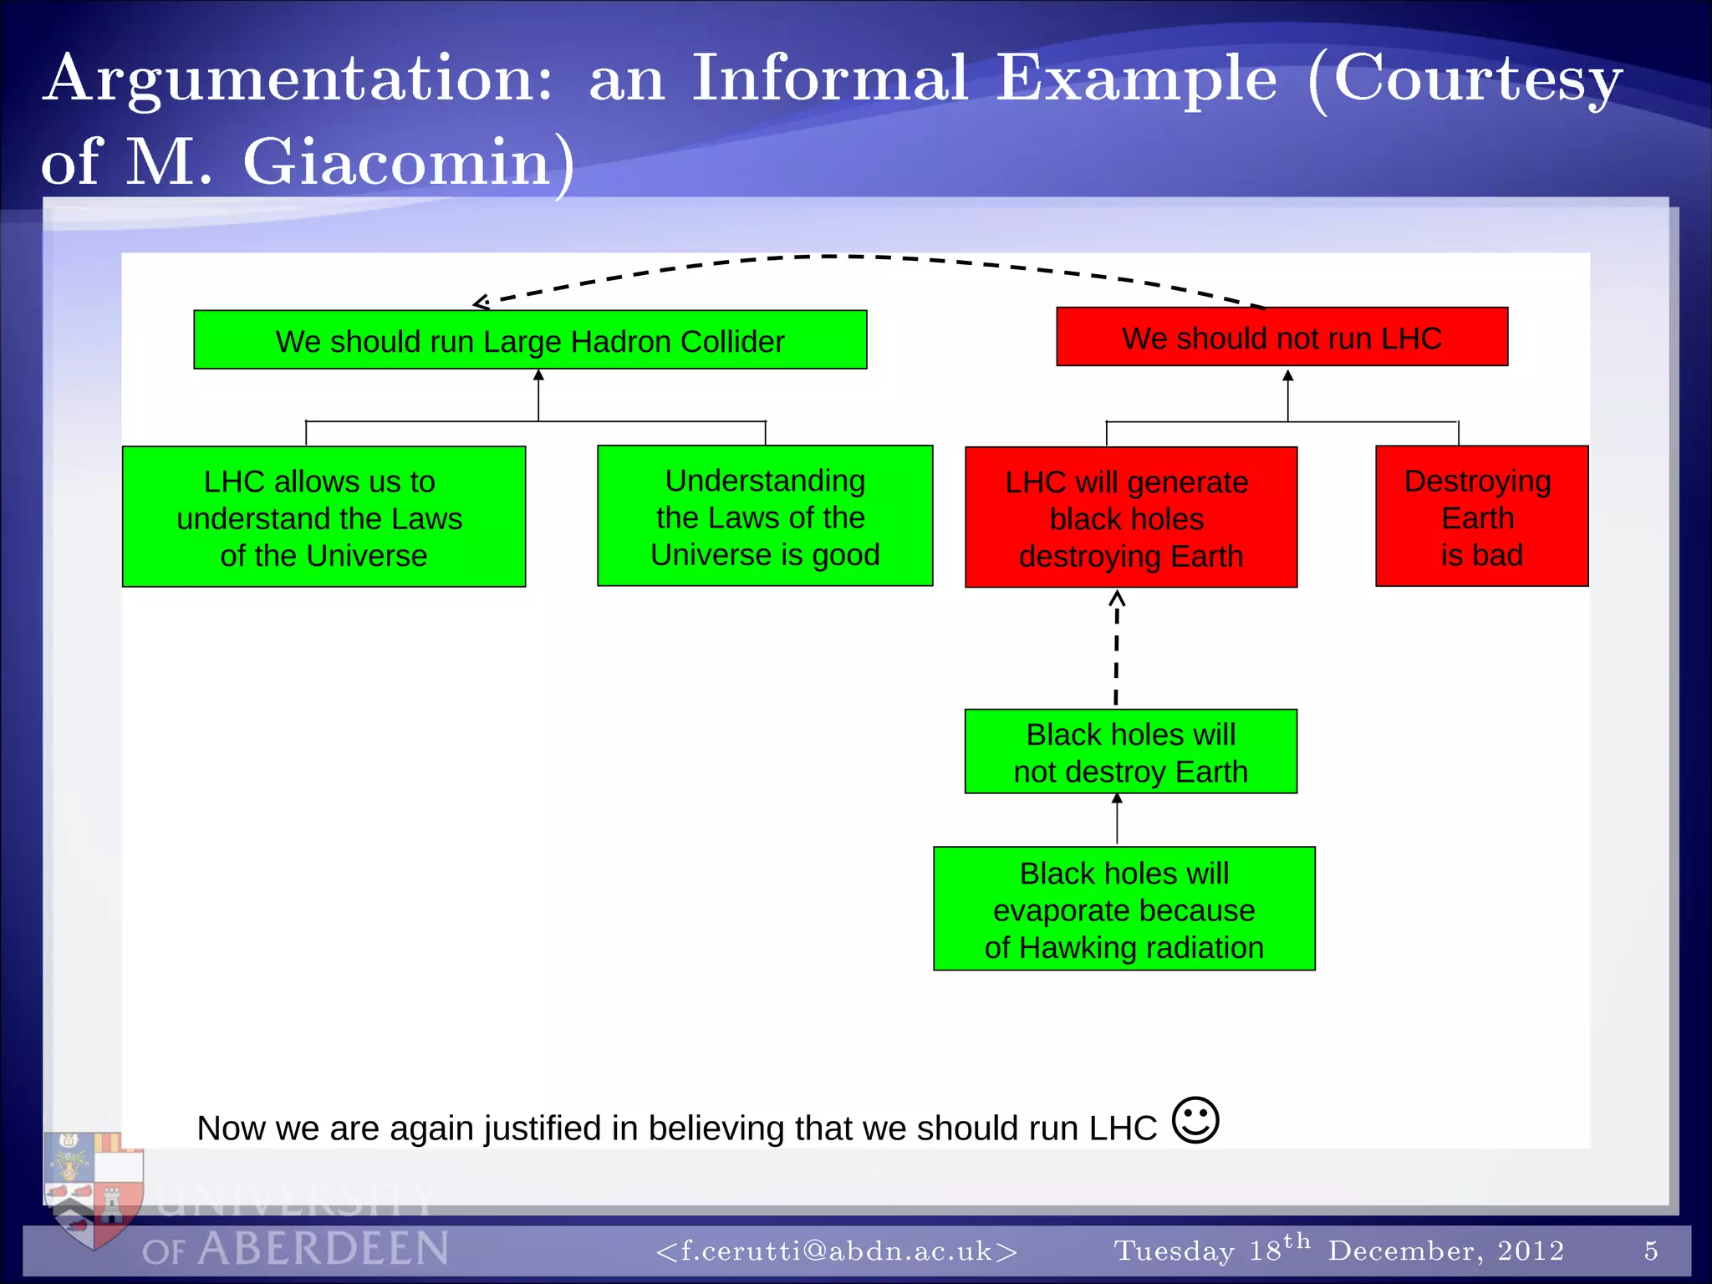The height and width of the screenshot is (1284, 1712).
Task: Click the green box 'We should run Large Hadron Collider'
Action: pos(530,340)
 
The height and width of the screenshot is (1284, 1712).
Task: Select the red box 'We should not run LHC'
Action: pos(1281,337)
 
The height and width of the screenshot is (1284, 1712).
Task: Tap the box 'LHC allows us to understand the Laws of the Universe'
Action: pos(324,517)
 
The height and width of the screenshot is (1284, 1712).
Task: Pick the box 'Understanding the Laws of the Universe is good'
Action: pos(765,517)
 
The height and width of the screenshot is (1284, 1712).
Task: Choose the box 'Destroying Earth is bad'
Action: pos(1481,517)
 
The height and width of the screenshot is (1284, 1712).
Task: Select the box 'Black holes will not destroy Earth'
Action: pos(1130,752)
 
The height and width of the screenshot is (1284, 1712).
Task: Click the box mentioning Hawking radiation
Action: pos(1123,909)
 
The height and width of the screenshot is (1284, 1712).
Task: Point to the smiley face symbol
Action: pos(1195,1120)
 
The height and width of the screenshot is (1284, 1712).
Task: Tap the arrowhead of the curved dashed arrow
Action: pos(480,303)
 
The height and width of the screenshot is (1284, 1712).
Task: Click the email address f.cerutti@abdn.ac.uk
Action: pos(837,1251)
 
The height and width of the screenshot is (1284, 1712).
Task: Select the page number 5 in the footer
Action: pos(1650,1251)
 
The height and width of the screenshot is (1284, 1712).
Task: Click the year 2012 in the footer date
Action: pos(1531,1251)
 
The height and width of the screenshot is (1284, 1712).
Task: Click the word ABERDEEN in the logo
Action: pos(324,1250)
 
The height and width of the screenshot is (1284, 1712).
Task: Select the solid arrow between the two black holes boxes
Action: pos(1117,820)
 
